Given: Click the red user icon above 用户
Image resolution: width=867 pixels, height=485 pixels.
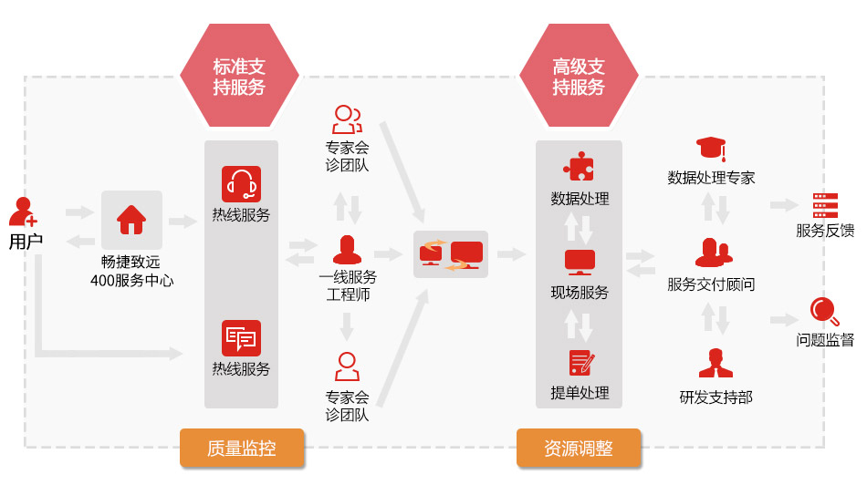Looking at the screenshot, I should (23, 212).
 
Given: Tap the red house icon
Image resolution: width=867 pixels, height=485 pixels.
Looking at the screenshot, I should (131, 219).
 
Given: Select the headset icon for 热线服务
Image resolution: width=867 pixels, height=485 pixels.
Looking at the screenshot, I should (241, 184).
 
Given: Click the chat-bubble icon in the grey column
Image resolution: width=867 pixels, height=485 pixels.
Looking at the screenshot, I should (241, 338).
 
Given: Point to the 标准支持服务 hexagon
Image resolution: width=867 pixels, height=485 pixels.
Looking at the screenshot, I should (239, 77).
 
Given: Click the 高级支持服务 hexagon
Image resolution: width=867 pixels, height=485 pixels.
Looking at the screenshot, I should (578, 77).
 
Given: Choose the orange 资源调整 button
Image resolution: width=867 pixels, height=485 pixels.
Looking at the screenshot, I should (578, 449).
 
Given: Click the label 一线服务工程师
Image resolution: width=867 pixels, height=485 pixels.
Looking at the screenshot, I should (347, 285).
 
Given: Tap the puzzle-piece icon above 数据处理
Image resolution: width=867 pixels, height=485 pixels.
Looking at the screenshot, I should (580, 168).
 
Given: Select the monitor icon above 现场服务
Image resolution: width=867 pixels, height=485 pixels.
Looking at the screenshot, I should (580, 262).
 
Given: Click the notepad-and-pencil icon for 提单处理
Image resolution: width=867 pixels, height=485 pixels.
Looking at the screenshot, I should (580, 362).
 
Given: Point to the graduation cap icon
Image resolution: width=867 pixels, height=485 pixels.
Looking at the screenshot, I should (710, 149).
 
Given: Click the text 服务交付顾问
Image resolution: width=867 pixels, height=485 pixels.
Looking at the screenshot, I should (711, 284).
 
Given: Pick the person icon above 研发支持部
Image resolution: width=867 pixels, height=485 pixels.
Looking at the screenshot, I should (716, 363).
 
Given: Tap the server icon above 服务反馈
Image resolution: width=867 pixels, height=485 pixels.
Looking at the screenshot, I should (825, 204).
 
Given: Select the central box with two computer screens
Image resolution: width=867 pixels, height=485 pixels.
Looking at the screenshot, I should (451, 254).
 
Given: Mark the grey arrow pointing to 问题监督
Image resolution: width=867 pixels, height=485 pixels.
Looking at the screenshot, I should (784, 320).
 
